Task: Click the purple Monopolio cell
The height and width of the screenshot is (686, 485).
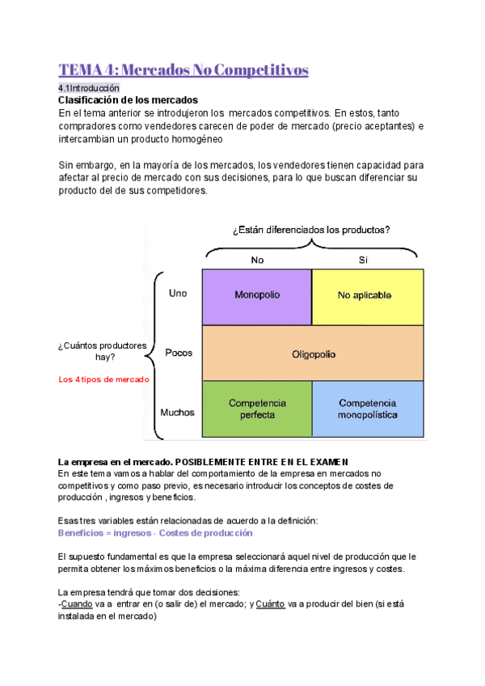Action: click(256, 295)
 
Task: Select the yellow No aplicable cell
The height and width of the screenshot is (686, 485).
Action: click(367, 295)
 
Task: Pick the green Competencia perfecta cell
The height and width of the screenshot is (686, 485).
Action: click(256, 408)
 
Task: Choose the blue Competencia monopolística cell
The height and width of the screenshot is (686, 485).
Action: click(367, 408)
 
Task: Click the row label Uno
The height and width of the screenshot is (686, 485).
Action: click(177, 294)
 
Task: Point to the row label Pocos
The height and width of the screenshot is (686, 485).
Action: click(179, 353)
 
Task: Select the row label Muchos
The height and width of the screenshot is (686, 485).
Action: click(178, 412)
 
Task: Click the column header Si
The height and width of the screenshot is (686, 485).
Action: click(363, 260)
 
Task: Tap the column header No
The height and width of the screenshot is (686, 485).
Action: click(257, 260)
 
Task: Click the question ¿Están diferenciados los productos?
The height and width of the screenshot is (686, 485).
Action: click(311, 230)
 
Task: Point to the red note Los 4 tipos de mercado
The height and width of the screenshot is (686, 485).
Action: click(104, 379)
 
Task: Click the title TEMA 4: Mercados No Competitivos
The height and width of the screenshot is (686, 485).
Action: click(183, 70)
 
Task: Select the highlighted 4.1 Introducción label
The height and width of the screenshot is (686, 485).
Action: click(88, 87)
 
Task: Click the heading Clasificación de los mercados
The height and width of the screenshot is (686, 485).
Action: click(122, 100)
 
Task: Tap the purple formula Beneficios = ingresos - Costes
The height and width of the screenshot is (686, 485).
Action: click(155, 533)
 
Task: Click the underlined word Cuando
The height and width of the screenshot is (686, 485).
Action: click(78, 603)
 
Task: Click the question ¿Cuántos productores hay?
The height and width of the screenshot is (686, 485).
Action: click(102, 351)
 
